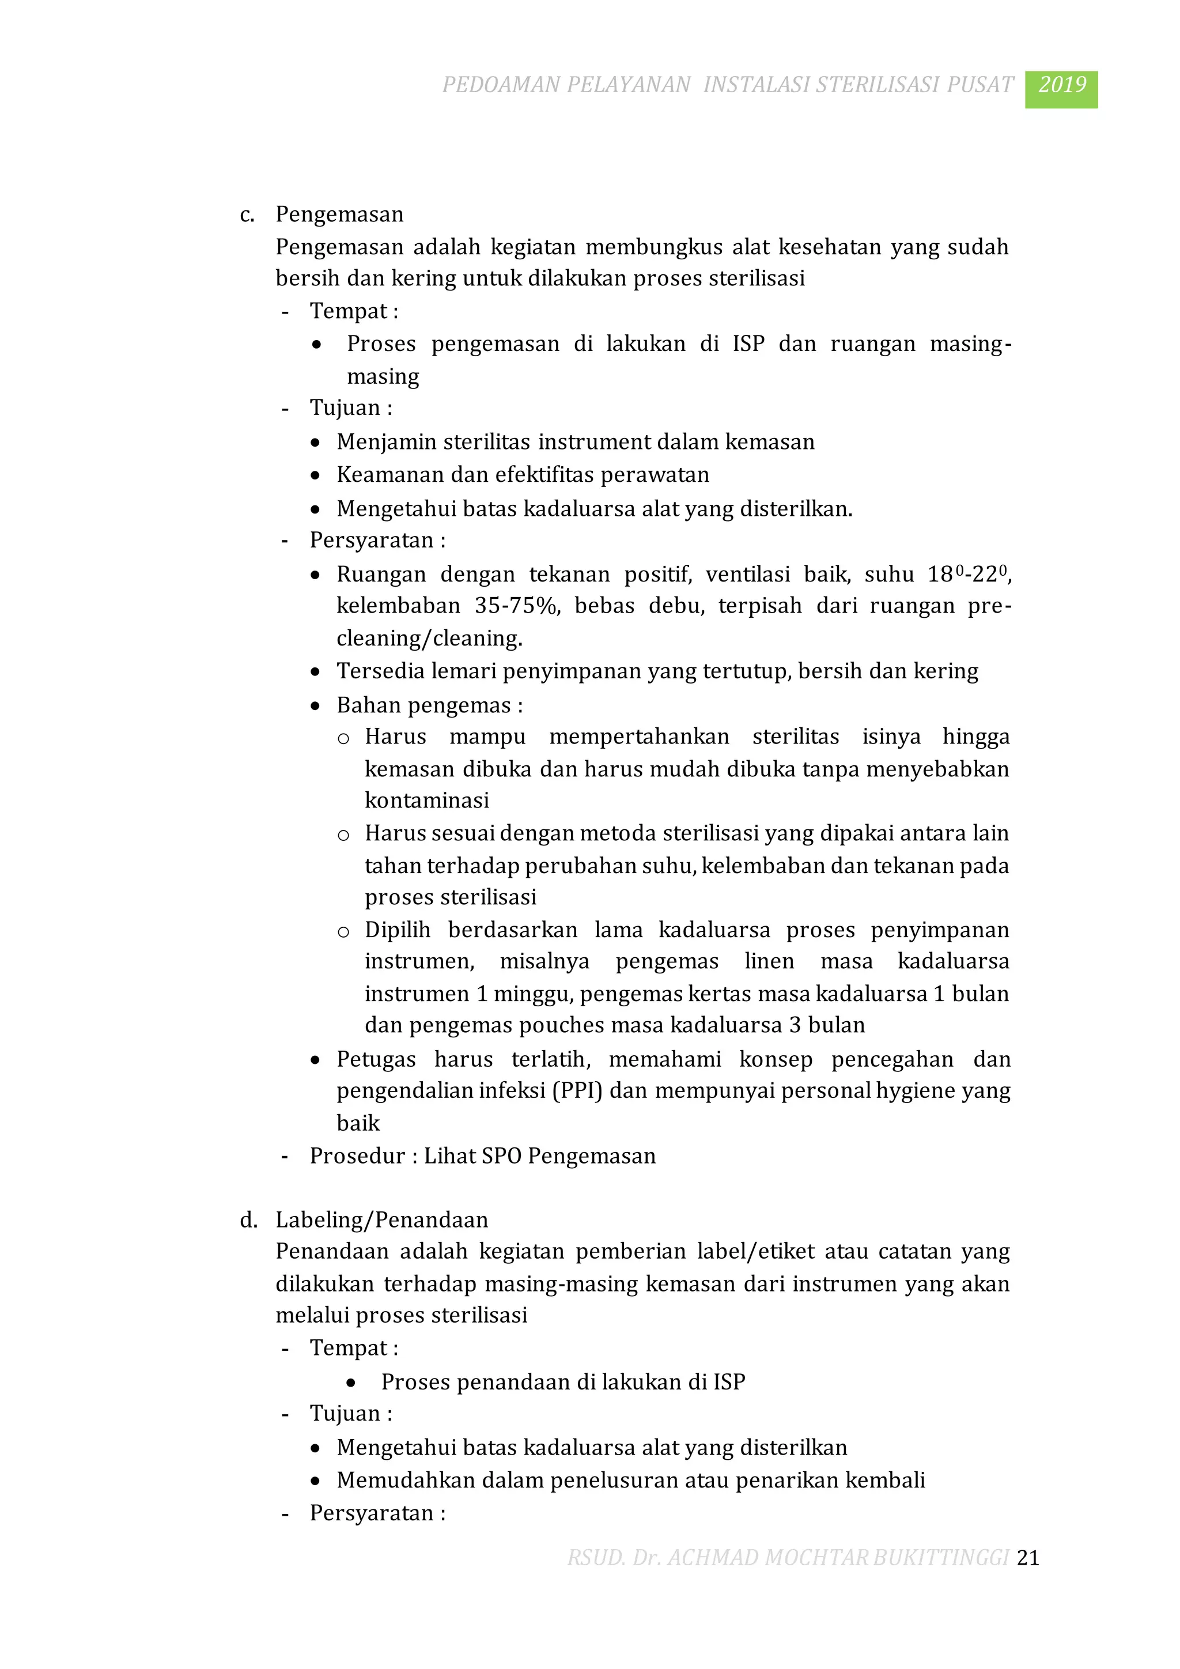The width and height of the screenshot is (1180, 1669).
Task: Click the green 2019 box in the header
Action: point(1061,89)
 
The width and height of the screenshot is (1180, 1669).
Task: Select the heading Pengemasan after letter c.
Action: point(339,214)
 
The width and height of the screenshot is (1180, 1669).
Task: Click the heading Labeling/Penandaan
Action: point(381,1220)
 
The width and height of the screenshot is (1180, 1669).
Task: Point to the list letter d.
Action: point(248,1220)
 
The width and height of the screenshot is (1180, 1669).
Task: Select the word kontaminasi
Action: point(426,801)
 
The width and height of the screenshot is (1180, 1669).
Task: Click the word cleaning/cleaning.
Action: point(429,638)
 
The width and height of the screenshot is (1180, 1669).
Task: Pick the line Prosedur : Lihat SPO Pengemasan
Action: point(482,1156)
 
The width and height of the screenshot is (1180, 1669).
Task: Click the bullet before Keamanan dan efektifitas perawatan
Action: point(315,476)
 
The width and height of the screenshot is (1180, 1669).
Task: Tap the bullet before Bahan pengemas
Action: point(315,707)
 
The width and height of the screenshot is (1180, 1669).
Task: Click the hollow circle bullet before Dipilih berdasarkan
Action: point(343,932)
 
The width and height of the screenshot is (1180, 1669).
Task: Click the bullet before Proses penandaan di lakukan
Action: point(351,1383)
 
